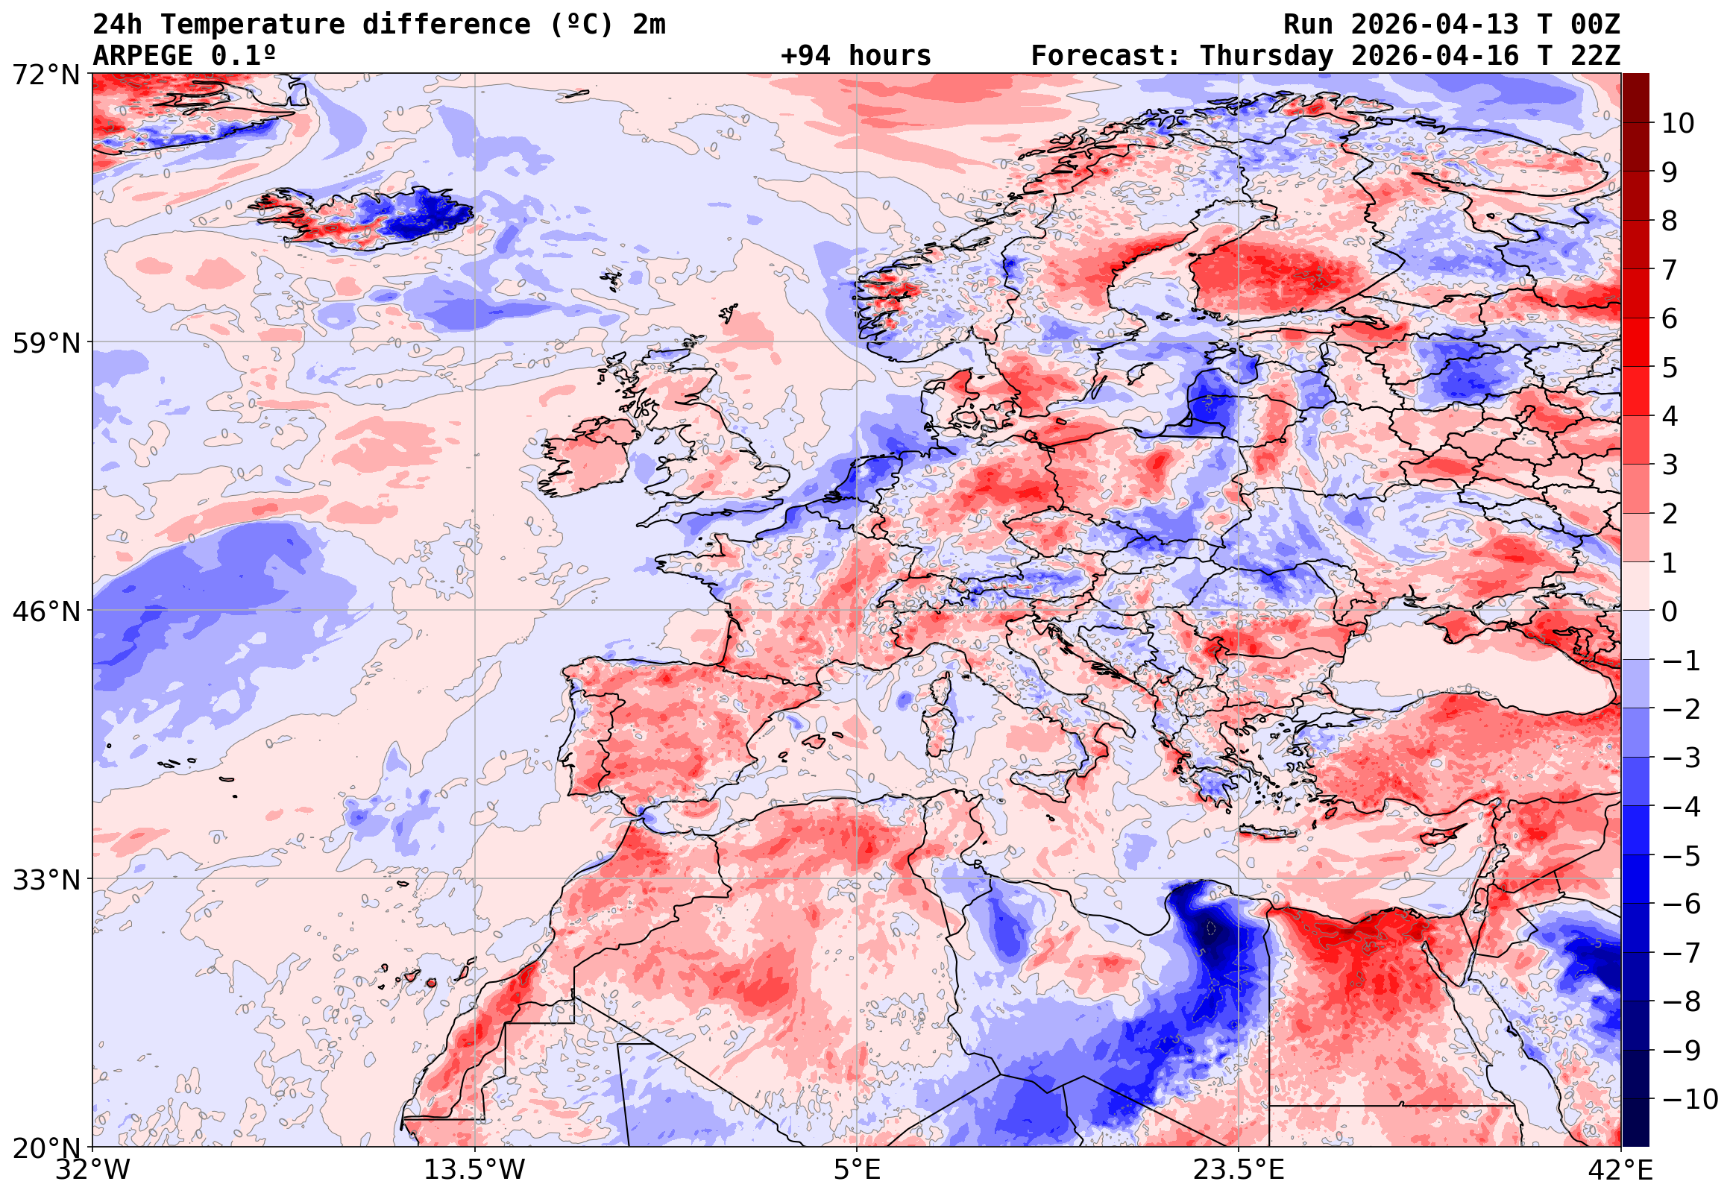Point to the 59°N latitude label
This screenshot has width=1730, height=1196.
click(45, 344)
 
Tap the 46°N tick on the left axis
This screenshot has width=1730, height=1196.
click(45, 612)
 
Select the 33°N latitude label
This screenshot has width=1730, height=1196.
click(45, 880)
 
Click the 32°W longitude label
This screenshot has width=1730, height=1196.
click(92, 1171)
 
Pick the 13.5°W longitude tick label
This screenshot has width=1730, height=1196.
click(474, 1171)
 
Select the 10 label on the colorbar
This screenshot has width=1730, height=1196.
click(1678, 124)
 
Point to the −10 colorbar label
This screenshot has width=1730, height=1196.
click(1690, 1100)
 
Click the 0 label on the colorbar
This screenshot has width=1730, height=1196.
click(1670, 612)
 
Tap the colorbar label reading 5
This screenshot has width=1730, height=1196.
click(1670, 368)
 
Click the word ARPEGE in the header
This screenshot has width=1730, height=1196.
click(142, 56)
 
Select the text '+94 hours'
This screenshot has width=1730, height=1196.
click(855, 56)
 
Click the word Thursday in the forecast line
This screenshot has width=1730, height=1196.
click(1266, 56)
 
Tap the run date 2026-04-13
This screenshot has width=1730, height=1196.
click(1435, 25)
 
